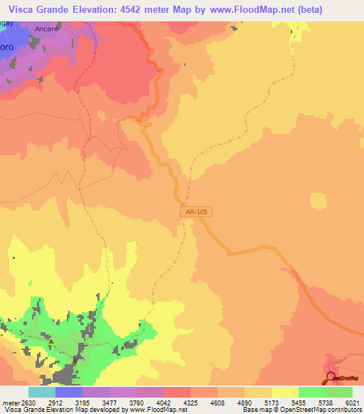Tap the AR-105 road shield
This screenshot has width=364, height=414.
pos(196,212)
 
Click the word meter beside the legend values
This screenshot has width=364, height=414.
pos(11,402)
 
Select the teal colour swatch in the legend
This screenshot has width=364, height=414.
pos(42,392)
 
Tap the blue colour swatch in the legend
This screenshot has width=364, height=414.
pos(69,392)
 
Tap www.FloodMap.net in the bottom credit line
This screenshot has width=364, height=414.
pos(152,410)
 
